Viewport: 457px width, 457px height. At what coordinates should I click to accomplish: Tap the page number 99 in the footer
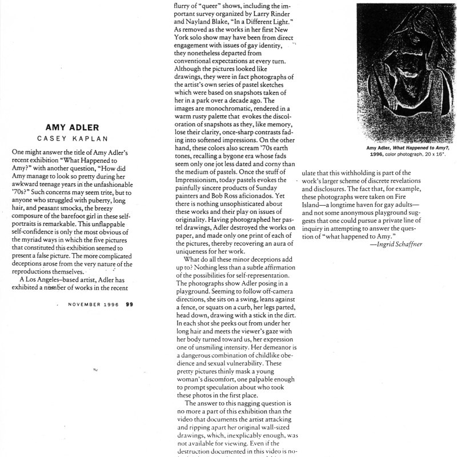[129, 304]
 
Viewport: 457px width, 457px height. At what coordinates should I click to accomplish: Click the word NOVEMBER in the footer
[83, 304]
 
